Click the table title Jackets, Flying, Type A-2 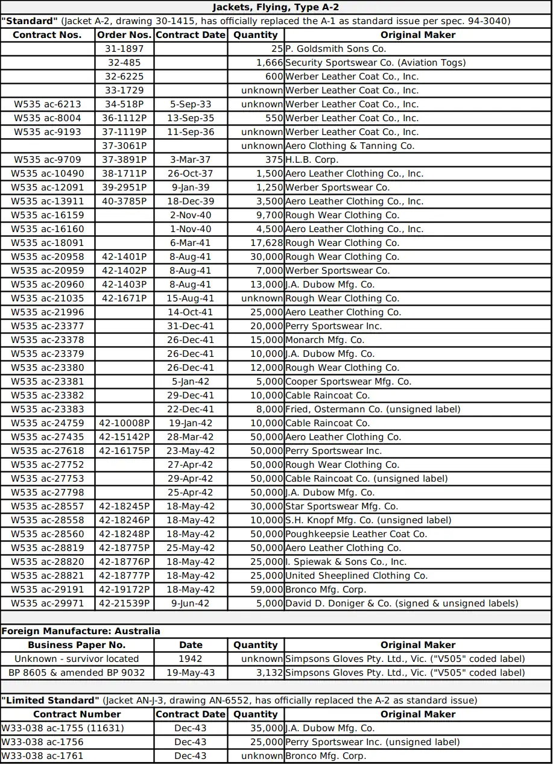click(276, 7)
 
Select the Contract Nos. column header click(47, 35)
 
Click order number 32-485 click(124, 63)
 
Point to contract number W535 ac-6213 click(47, 104)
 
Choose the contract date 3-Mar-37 click(191, 160)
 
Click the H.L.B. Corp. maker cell click(312, 160)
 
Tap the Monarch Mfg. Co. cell click(324, 340)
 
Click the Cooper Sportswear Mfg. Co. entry click(348, 382)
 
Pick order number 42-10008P click(124, 423)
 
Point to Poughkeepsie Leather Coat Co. click(356, 534)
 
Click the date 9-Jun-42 click(191, 603)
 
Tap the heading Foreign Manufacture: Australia click(81, 631)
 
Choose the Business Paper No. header click(77, 645)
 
